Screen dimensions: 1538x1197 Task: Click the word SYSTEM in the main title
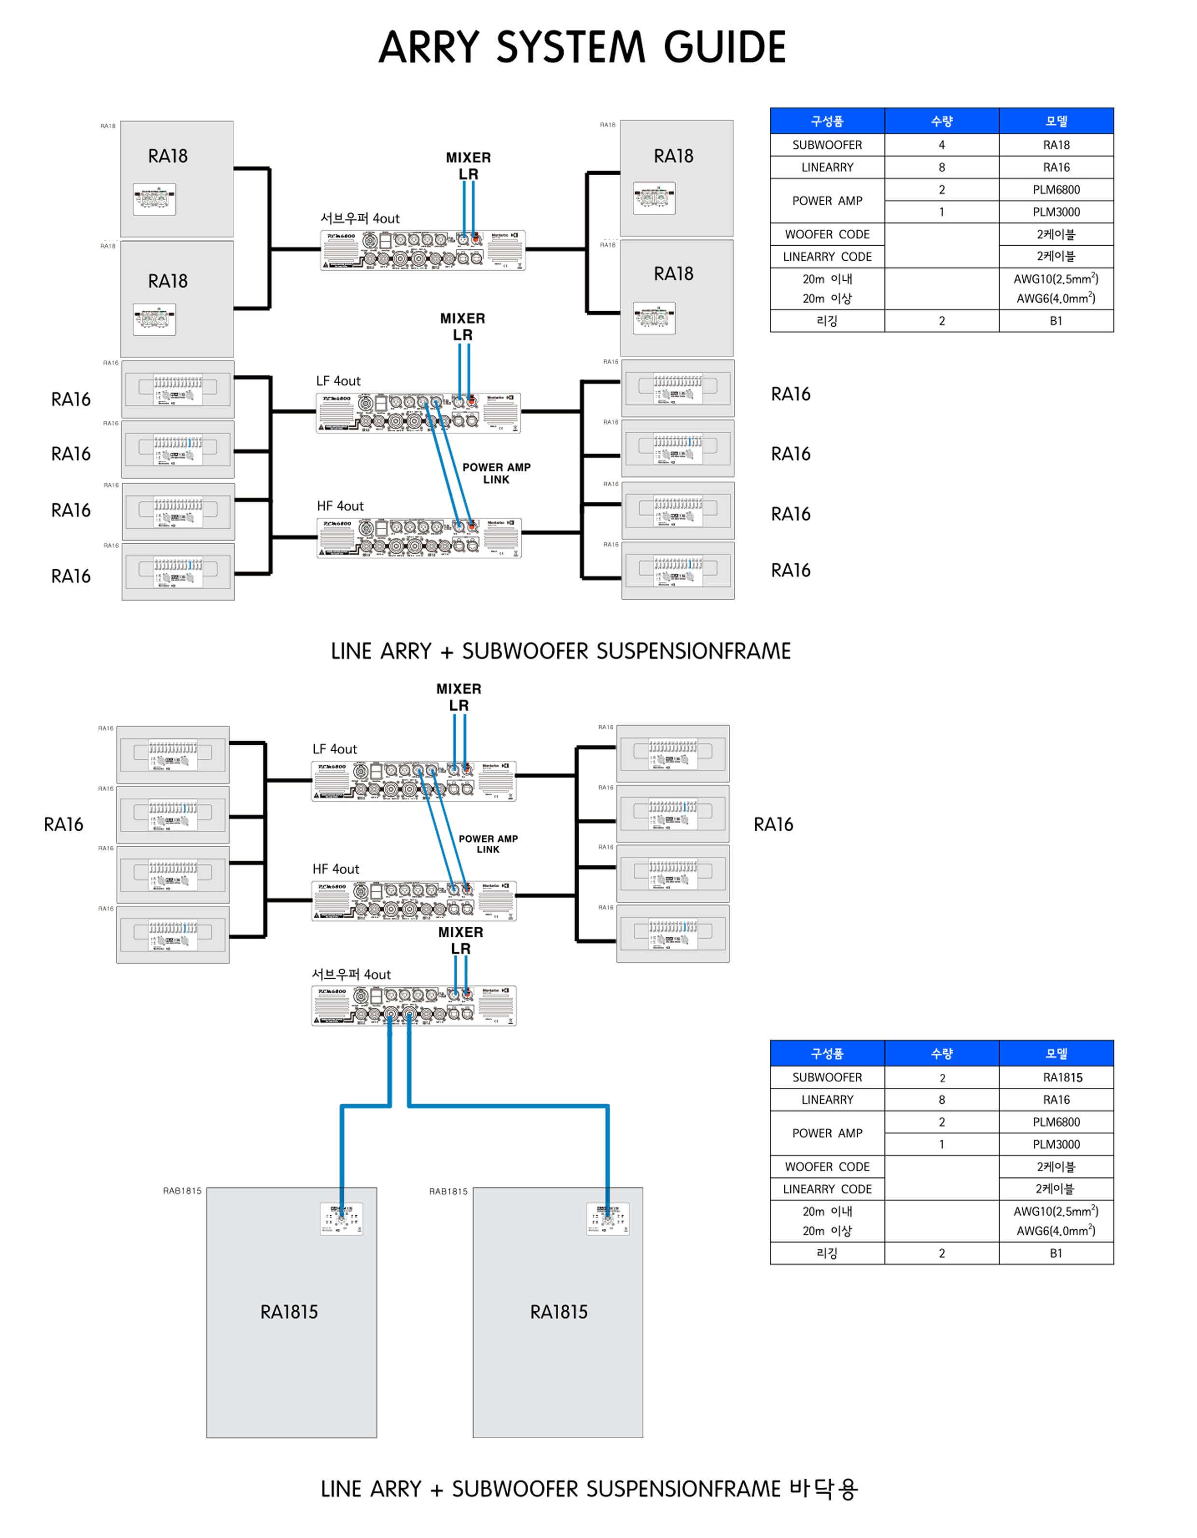[x=571, y=47]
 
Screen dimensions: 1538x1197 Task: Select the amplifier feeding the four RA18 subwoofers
[x=423, y=250]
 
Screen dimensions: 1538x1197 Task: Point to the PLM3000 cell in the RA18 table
[x=1056, y=212]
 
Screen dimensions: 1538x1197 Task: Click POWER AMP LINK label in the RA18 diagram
[x=497, y=473]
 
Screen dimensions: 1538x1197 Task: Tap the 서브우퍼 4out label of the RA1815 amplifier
[x=351, y=975]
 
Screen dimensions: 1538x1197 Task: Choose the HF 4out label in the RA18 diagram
[x=340, y=507]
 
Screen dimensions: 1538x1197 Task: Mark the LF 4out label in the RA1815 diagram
[x=334, y=749]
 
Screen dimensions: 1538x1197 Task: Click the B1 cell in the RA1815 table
[x=1056, y=1253]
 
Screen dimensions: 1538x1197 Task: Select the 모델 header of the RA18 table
[x=1056, y=121]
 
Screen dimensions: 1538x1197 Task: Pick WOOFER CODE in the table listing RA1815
[x=827, y=1167]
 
